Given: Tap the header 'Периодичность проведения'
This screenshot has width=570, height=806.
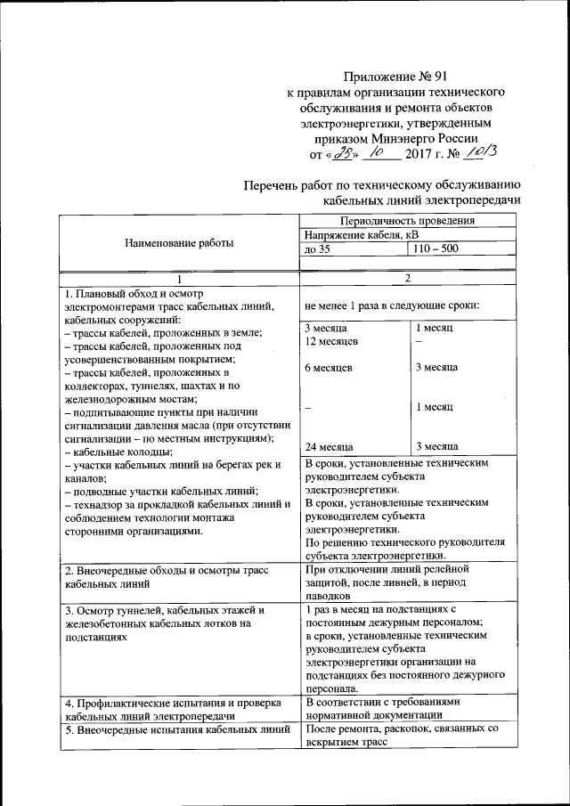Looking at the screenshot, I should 408,220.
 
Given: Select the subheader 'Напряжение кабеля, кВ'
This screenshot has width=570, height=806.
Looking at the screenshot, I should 361,234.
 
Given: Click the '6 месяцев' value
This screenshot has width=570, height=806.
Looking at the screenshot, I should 328,367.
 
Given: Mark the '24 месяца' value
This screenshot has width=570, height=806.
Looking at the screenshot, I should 329,446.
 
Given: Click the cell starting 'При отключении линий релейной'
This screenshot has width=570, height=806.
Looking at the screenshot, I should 386,568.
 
